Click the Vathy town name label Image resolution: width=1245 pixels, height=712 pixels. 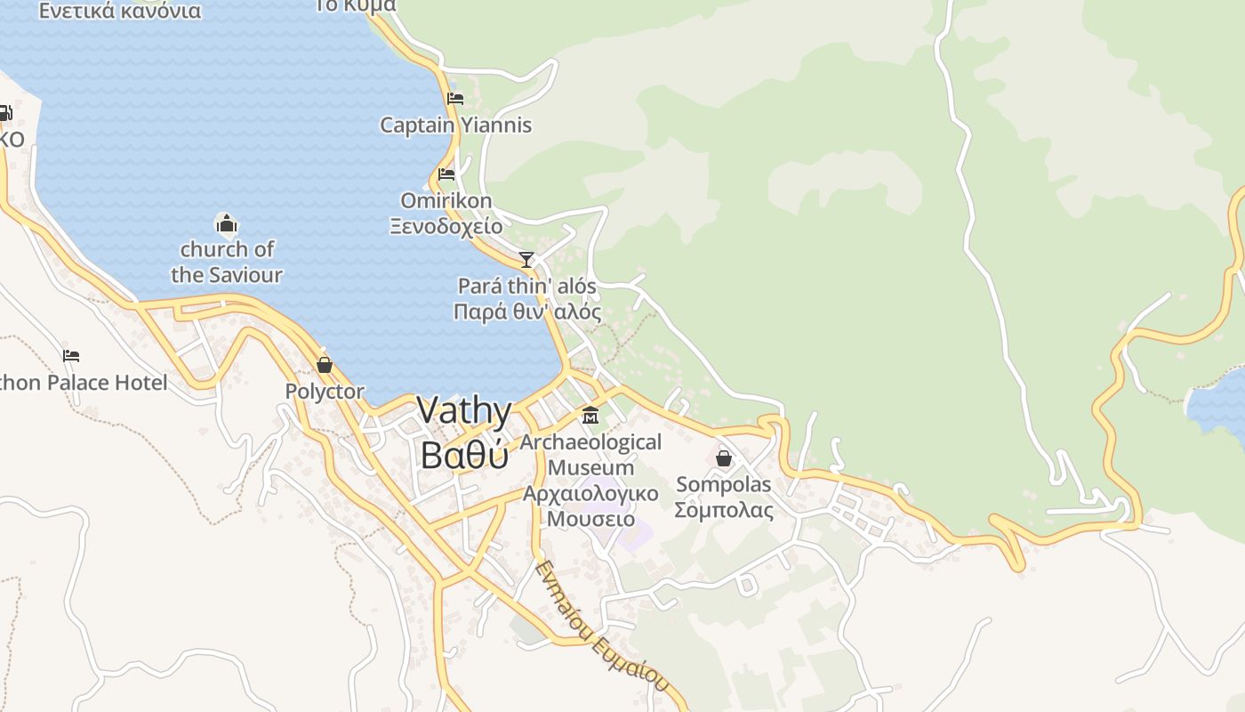463,411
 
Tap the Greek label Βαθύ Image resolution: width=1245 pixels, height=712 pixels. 463,454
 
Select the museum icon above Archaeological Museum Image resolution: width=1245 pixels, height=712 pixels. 590,416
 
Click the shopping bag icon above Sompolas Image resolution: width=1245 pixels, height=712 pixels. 724,458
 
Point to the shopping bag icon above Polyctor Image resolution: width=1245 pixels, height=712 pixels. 325,365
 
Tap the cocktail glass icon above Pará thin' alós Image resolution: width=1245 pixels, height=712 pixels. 526,260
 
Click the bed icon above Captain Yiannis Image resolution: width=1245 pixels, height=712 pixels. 455,99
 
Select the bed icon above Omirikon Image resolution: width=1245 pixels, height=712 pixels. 446,174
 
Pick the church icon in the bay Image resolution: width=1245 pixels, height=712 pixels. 226,223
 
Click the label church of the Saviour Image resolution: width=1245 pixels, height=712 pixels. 227,262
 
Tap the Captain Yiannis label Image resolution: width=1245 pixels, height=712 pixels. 455,125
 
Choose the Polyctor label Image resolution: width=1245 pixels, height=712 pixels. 325,392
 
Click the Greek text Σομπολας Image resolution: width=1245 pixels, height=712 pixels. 723,510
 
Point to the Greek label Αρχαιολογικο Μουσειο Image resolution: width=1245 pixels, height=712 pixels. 590,506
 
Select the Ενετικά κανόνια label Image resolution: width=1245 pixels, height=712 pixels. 120,12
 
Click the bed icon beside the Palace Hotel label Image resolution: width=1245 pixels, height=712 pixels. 71,356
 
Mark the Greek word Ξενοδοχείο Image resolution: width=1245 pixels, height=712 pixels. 446,226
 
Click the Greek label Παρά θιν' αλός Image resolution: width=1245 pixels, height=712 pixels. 526,312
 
